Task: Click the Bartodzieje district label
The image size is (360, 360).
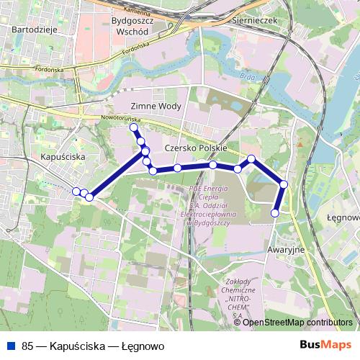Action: pos(34,29)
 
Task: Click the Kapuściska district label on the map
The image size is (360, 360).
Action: pos(63,156)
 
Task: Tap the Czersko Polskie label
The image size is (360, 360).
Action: pos(196,148)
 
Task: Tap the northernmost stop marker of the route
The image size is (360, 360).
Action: pos(133,127)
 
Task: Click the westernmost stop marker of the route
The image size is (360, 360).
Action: pos(76,191)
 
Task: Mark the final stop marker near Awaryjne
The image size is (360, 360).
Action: pos(275,212)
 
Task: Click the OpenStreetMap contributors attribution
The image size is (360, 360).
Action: pos(297,323)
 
